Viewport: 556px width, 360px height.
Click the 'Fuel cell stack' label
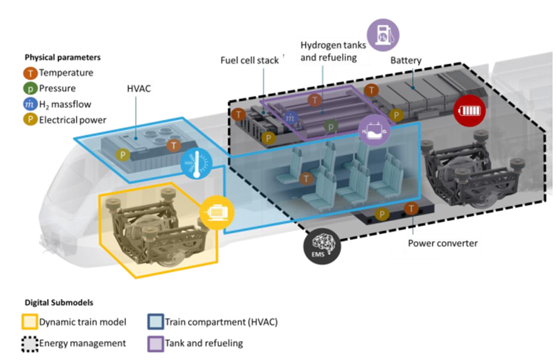[x=249, y=60]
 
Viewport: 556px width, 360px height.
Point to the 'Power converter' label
[x=443, y=243]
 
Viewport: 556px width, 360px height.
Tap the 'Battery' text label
[x=405, y=60]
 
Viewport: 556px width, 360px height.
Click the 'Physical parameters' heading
[x=62, y=58]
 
